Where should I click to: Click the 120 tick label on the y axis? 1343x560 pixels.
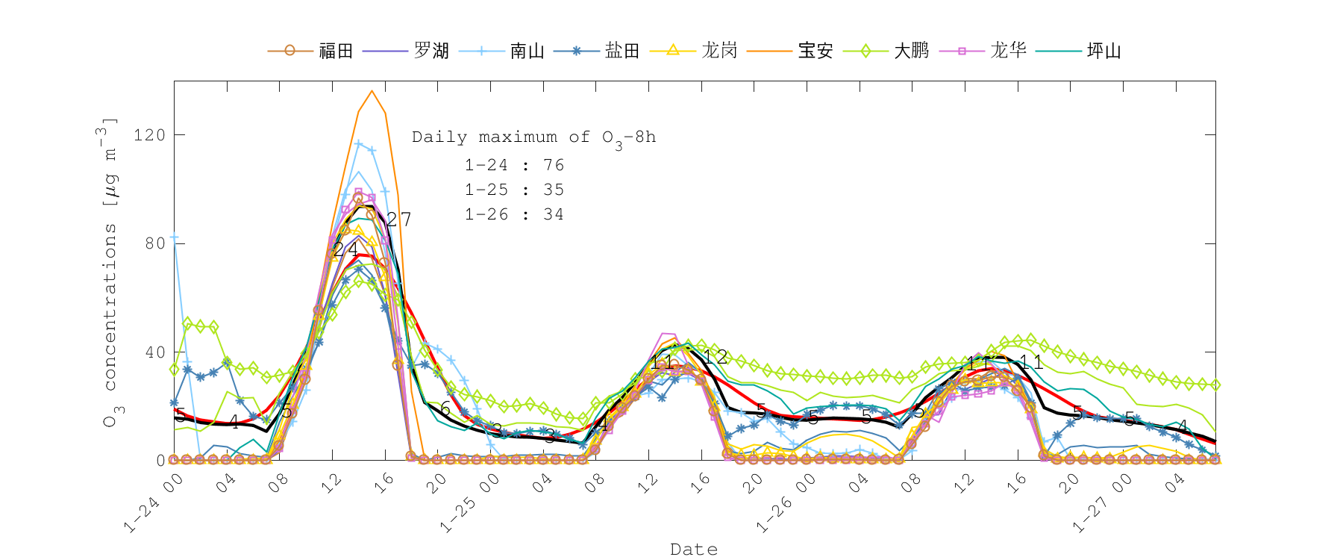148,135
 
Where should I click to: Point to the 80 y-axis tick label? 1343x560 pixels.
154,243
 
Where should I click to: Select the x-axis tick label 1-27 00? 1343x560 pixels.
1102,503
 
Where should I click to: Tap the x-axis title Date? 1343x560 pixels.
694,550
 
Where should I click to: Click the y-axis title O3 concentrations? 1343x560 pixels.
110,273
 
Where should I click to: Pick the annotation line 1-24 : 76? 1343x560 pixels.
514,165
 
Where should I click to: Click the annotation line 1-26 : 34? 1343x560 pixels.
514,214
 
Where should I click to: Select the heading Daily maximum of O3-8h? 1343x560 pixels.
533,137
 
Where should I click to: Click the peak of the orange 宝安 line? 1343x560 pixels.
372,91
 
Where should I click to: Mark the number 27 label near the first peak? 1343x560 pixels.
398,219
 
